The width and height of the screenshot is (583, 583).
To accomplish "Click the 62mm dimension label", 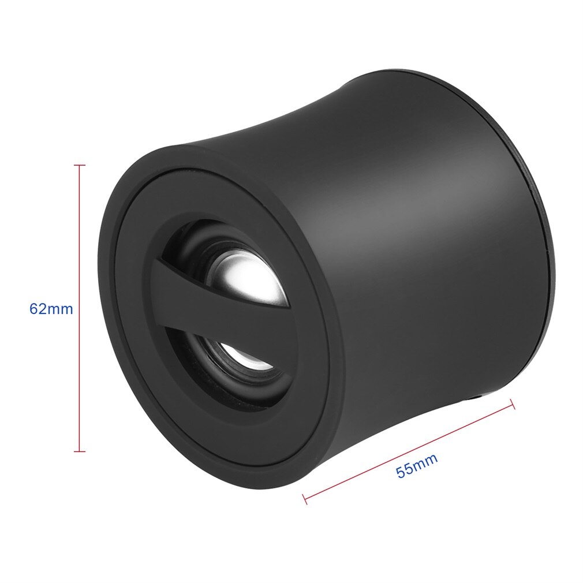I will tap(51, 309).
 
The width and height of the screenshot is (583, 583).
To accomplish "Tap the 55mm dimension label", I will tap(416, 465).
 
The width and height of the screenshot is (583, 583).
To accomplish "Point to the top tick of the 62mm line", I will tap(80, 166).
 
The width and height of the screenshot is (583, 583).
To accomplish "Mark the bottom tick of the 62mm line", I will tap(80, 451).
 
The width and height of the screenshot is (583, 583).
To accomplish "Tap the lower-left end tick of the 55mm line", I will tap(305, 498).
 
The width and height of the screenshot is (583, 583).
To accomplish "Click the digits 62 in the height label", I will tap(38, 309).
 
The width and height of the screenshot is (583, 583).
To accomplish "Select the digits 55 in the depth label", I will tap(405, 470).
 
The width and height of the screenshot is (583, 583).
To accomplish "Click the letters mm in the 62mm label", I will tap(60, 309).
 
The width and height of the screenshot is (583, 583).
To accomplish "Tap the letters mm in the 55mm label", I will tap(425, 461).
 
